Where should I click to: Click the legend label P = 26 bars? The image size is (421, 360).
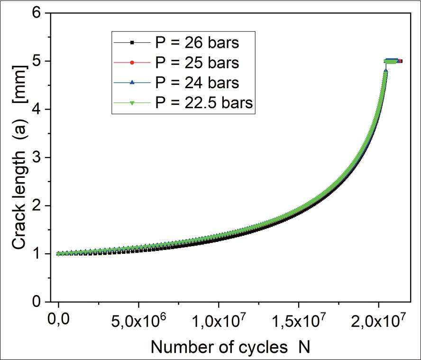197,43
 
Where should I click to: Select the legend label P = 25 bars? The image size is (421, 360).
197,63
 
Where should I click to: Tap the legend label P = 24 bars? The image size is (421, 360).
197,83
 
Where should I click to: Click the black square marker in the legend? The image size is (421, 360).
132,43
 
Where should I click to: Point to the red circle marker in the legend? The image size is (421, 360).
132,63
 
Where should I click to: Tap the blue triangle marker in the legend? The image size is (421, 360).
132,83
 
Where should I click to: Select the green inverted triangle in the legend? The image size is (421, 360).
132,102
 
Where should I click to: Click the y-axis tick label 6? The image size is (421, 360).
36,13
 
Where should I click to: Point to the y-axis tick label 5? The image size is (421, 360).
36,61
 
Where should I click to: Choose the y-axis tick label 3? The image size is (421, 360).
36,157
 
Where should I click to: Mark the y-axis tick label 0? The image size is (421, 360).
36,302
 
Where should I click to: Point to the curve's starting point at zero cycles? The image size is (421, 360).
59,254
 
